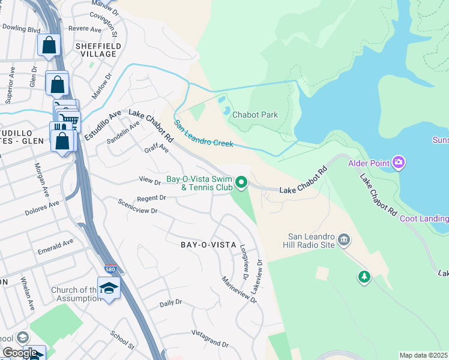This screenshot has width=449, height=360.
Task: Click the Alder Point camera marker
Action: [399, 162]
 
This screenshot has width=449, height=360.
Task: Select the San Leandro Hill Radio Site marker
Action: [344, 241]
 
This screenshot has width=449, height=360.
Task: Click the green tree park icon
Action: [363, 277]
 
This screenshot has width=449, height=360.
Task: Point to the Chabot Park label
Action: [255, 115]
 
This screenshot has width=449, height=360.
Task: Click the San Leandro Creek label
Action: [203, 134]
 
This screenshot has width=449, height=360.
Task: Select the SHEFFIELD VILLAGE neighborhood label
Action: [98, 50]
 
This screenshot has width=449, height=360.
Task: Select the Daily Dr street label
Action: [170, 304]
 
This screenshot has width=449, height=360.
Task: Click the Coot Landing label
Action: [424, 218]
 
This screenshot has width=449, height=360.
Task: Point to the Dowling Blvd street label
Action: [20, 28]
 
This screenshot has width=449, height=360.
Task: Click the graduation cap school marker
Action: [109, 289]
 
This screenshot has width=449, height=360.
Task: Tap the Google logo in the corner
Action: [20, 353]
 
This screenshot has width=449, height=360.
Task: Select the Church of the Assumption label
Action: [74, 295]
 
